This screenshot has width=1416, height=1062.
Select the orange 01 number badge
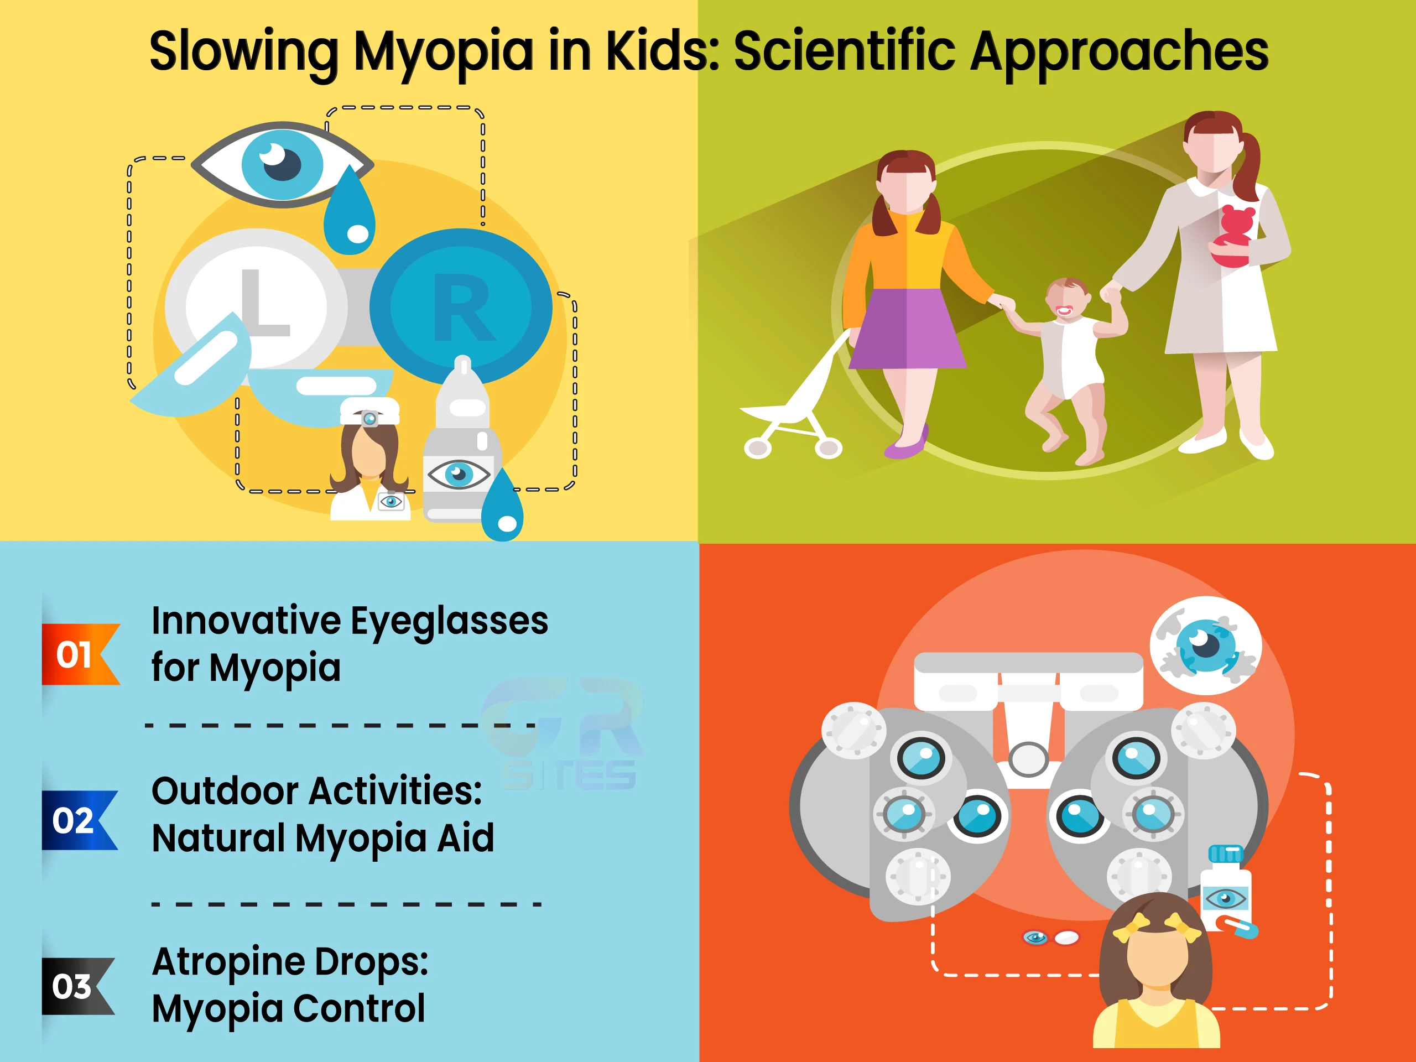click(81, 654)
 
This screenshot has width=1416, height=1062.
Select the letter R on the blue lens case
click(464, 308)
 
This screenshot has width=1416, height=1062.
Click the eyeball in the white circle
click(1206, 646)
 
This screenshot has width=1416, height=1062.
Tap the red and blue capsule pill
click(1237, 926)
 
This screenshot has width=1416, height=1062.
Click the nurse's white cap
click(370, 410)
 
